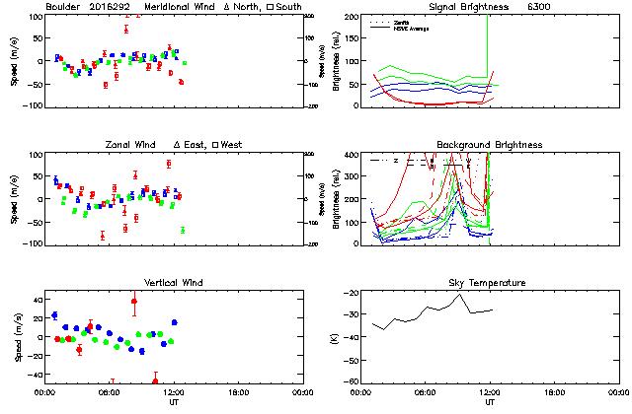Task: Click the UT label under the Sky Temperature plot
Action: [x=490, y=402]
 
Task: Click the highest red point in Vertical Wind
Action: [x=134, y=301]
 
